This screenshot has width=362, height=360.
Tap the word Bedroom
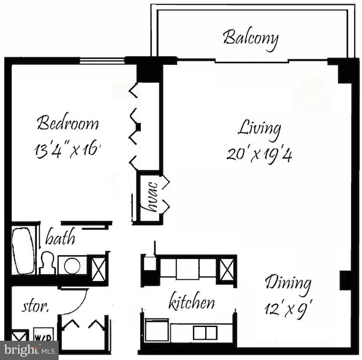pyautogui.click(x=67, y=122)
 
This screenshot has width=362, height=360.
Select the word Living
pyautogui.click(x=260, y=129)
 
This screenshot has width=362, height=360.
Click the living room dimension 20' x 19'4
pyautogui.click(x=259, y=154)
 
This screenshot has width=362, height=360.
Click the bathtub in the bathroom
pyautogui.click(x=24, y=251)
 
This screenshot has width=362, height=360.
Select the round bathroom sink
pyautogui.click(x=73, y=266)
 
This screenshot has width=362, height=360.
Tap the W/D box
pyautogui.click(x=42, y=337)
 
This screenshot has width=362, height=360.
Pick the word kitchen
pyautogui.click(x=192, y=302)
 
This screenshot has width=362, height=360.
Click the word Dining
pyautogui.click(x=288, y=283)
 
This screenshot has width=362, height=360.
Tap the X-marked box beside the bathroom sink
pyautogui.click(x=98, y=268)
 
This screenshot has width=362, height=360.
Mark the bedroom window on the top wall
pyautogui.click(x=102, y=60)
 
